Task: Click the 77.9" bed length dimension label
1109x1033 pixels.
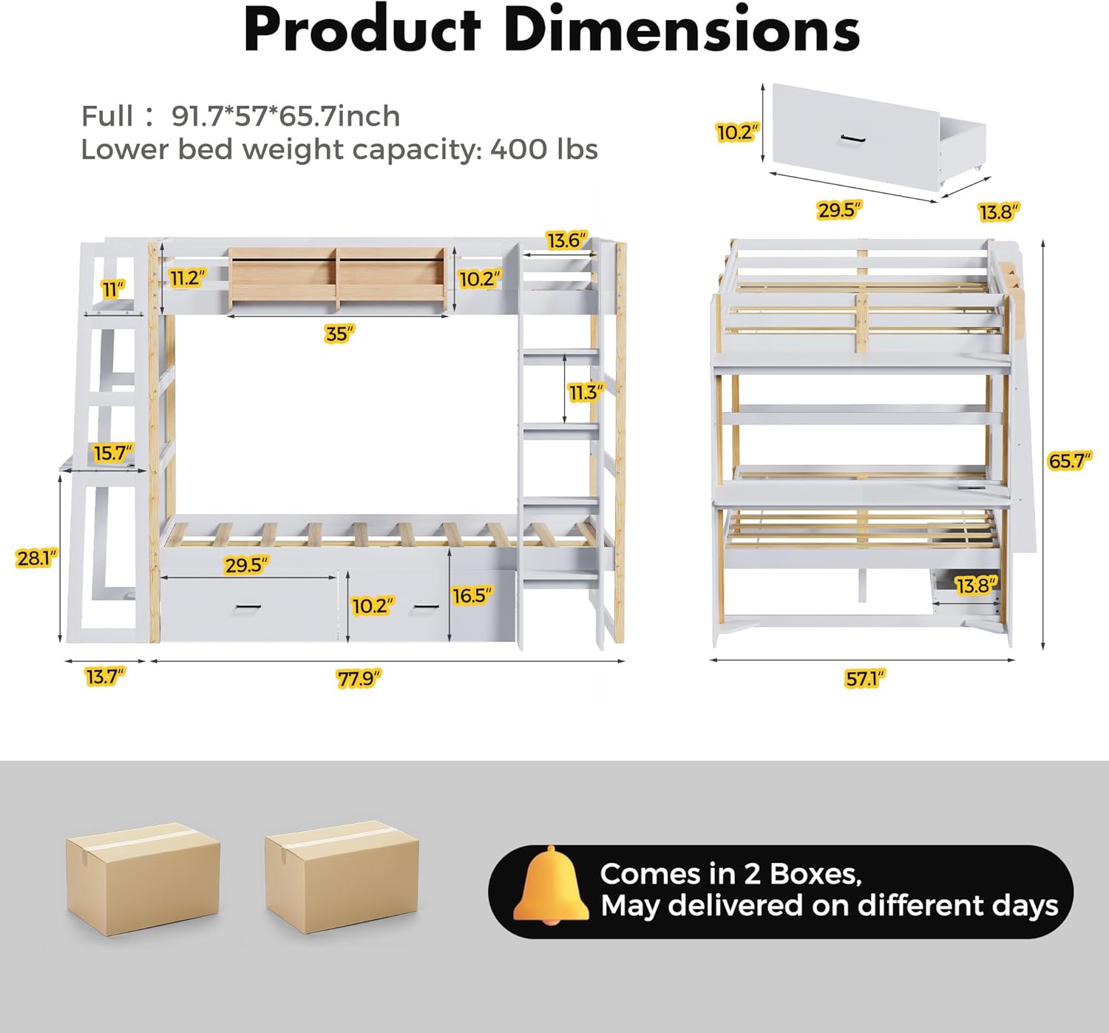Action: [x=359, y=678]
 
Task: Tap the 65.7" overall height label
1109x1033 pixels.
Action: [x=1070, y=461]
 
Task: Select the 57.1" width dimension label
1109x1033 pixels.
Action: [x=864, y=678]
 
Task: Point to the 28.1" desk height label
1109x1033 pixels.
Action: [x=36, y=558]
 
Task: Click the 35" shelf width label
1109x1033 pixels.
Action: [x=339, y=334]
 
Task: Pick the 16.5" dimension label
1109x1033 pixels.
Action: [x=472, y=595]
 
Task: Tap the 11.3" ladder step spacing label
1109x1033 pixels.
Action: [x=586, y=393]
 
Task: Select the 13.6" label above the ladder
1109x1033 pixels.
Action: [x=567, y=240]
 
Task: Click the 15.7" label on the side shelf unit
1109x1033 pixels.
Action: [x=112, y=453]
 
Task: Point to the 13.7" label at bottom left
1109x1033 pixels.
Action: [x=105, y=677]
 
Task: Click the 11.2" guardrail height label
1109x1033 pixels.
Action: [x=188, y=278]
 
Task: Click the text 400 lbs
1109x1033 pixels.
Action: [x=544, y=149]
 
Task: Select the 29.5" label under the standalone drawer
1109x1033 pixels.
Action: [x=839, y=210]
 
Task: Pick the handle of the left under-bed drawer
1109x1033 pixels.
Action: [x=248, y=607]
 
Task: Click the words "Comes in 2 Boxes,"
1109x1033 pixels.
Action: [x=730, y=874]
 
